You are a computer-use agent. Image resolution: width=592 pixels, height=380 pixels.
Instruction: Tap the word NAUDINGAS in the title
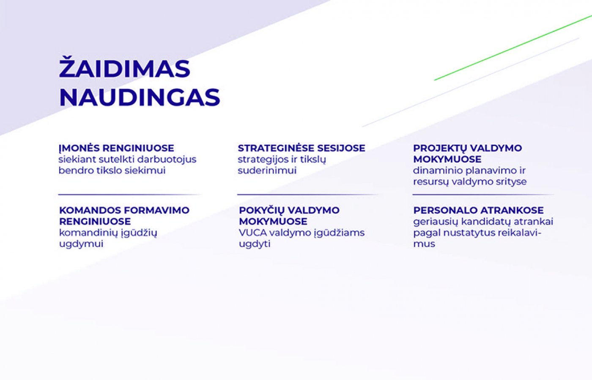coord(140,98)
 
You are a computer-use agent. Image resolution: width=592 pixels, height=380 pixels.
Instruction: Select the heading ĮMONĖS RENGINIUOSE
coord(116,148)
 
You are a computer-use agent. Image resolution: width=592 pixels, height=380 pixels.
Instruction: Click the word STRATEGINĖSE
coord(276,148)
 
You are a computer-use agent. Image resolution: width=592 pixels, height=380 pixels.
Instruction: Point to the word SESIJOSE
coord(341,148)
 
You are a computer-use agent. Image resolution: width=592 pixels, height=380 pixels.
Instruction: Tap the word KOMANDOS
coord(90,210)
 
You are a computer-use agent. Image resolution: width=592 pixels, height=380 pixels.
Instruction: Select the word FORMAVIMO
coord(157,210)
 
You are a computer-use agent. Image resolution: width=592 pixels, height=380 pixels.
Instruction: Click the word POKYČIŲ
coord(261,211)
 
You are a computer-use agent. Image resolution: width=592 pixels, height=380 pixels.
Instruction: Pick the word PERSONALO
coord(445,210)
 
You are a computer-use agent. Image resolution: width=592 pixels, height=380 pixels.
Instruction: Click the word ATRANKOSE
coord(512,210)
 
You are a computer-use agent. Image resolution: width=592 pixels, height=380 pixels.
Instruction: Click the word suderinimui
coord(267,171)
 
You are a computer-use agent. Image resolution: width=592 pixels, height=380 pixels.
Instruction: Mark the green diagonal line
coord(513,48)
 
